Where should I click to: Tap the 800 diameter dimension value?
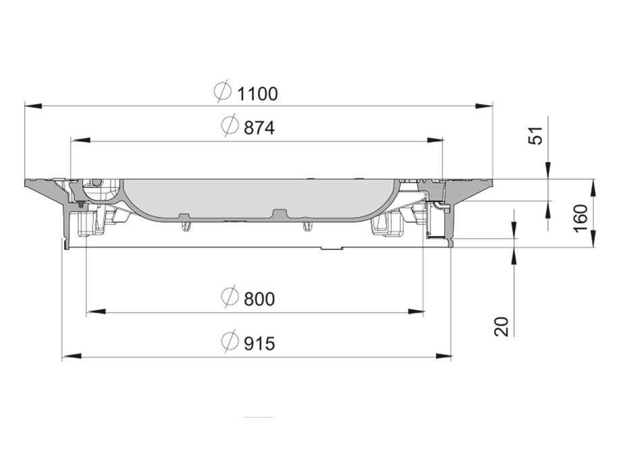pos(257,298)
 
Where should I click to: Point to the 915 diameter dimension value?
pos(257,343)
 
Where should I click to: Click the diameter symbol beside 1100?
pos(222,93)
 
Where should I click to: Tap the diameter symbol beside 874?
pos(230,126)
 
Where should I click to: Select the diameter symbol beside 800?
pos(230,297)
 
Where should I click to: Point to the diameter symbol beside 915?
pos(230,343)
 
